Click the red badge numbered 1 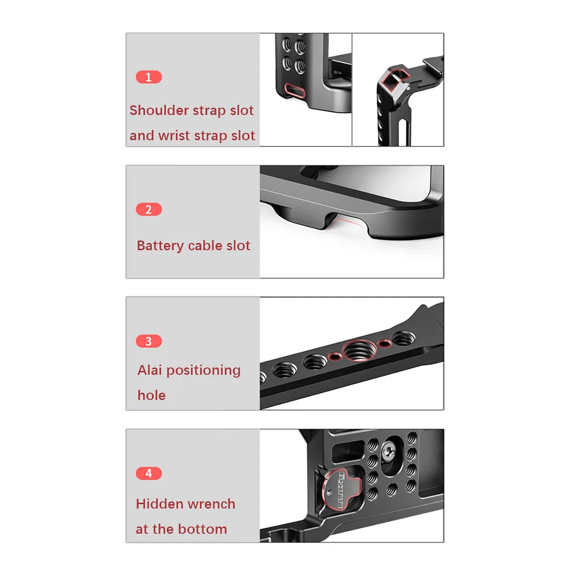click(149, 77)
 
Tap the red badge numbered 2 click(149, 209)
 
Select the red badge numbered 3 click(149, 341)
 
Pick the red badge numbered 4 click(149, 473)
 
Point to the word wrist click(174, 136)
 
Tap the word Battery click(160, 246)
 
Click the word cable click(206, 246)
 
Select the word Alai click(149, 370)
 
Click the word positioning click(203, 371)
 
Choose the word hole click(151, 395)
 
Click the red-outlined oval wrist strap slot click(294, 89)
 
